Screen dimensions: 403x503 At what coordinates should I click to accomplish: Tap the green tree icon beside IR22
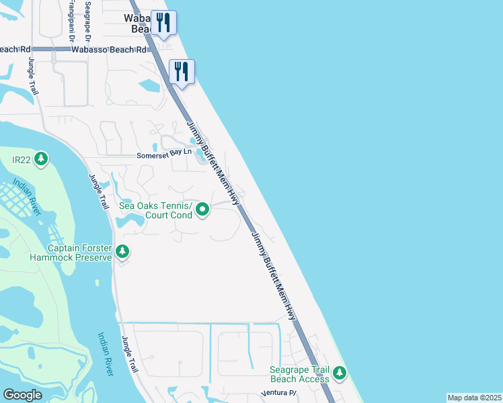coord(42,159)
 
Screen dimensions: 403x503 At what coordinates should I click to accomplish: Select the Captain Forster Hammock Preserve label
coord(71,252)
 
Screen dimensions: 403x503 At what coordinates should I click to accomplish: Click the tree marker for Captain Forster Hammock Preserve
coord(122,252)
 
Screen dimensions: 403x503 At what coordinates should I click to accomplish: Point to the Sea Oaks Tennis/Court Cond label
coord(155,211)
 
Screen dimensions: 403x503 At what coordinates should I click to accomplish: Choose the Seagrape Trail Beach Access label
coord(300,374)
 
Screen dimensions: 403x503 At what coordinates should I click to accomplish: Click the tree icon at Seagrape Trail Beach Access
coord(340,372)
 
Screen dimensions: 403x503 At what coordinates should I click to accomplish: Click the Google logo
coord(22,395)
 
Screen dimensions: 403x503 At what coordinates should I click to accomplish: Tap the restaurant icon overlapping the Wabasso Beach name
coord(163,23)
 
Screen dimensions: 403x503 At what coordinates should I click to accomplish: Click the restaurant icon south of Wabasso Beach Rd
coord(182,72)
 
